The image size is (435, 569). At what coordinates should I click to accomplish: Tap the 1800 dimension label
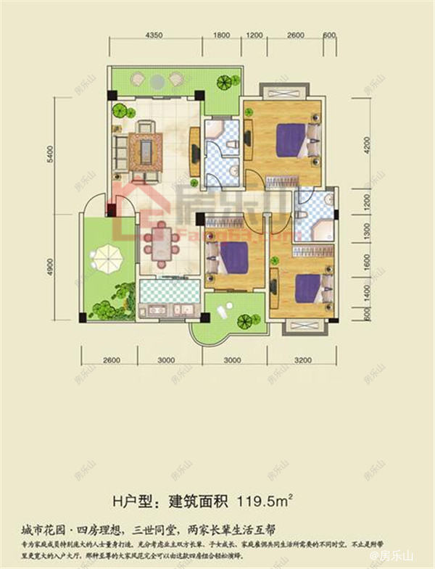click(222, 36)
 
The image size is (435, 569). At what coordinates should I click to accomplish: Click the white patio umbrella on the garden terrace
click(106, 255)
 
